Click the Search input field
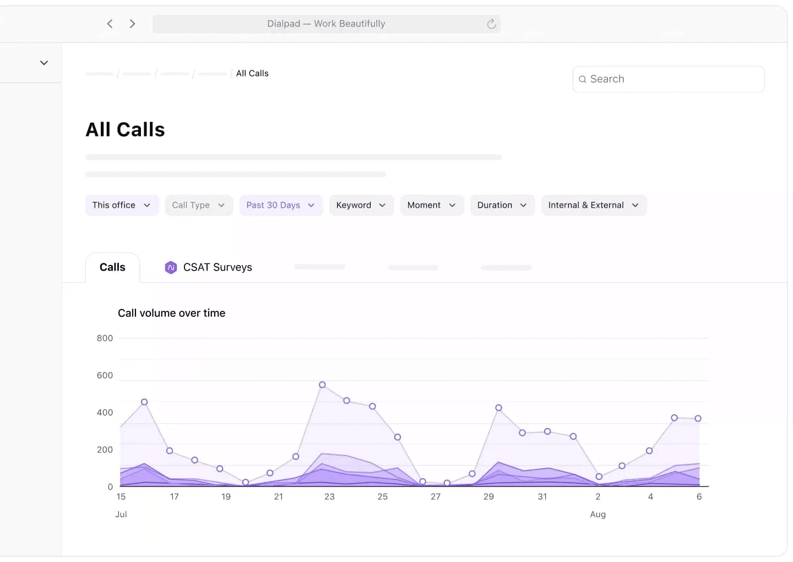[668, 79]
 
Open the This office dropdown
[122, 205]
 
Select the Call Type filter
[199, 205]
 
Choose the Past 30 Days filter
[280, 205]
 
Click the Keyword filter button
[361, 205]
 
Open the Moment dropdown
[432, 205]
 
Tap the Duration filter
[502, 205]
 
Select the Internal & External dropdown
[594, 205]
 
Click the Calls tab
[112, 267]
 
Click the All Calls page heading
[125, 129]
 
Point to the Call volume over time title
[171, 313]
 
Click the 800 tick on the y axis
[105, 338]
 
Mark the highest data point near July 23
[322, 385]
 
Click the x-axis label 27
[436, 496]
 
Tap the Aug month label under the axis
[598, 514]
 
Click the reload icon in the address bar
[491, 24]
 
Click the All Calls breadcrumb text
[252, 73]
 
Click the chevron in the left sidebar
[44, 63]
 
